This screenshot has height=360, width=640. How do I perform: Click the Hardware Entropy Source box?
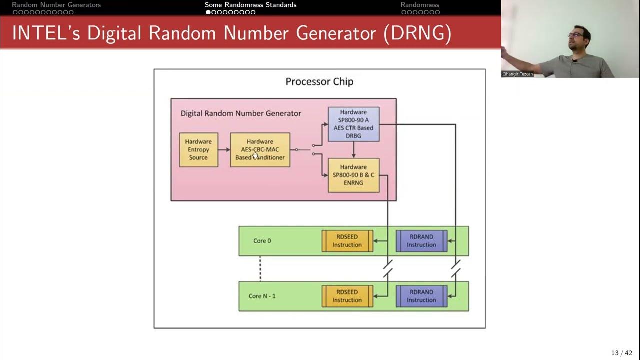(x=199, y=150)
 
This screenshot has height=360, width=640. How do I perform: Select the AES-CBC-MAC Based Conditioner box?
(x=260, y=150)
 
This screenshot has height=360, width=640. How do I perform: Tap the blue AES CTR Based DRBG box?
(x=353, y=124)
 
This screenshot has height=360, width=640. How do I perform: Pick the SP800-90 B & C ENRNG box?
(x=353, y=175)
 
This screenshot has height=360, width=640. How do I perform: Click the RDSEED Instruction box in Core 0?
(x=347, y=241)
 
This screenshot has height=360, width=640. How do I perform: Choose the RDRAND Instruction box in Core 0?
(x=421, y=241)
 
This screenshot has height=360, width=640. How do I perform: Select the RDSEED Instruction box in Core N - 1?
(x=347, y=296)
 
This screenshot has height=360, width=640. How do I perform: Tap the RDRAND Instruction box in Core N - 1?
(x=421, y=296)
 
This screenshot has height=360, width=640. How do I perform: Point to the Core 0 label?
(x=262, y=241)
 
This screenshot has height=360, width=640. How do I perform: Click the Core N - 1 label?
(x=262, y=296)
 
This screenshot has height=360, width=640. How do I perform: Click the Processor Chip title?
(x=319, y=82)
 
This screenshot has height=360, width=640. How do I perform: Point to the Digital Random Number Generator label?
(x=241, y=113)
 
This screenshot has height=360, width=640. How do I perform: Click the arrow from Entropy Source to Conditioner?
(x=224, y=149)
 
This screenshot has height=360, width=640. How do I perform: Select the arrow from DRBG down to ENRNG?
(x=353, y=150)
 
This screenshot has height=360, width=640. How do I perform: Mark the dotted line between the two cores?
(x=260, y=269)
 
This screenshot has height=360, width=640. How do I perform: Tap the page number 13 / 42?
(x=621, y=353)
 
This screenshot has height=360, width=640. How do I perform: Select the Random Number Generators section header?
(x=56, y=5)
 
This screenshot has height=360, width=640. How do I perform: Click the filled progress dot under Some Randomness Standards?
(x=208, y=12)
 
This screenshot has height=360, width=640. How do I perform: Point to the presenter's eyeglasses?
(x=575, y=35)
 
